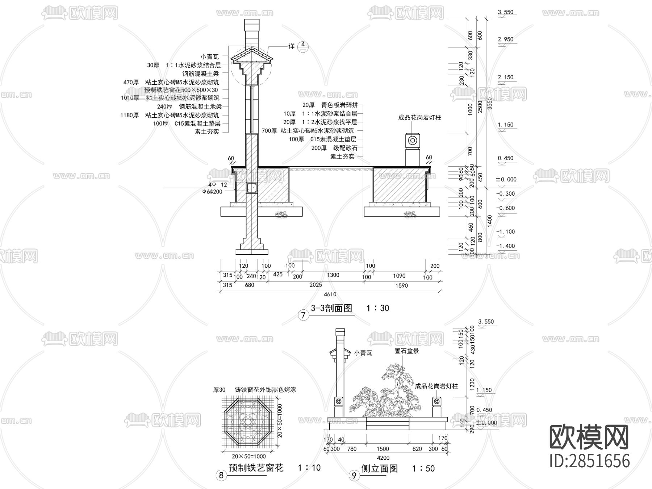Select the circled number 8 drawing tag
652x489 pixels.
point(221,475)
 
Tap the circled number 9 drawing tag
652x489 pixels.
point(354,475)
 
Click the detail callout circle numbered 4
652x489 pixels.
point(303,46)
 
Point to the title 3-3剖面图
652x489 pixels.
point(331,308)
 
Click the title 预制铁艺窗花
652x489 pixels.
point(256,468)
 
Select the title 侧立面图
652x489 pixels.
point(379,468)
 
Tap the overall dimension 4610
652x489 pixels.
point(330,294)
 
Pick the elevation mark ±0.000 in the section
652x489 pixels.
point(506,179)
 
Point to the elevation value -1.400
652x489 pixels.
point(505,246)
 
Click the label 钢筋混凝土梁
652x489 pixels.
point(201,74)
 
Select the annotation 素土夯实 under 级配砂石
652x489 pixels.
point(342,156)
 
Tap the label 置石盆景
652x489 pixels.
point(406,351)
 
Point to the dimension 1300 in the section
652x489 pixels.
point(333,275)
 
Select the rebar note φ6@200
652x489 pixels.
point(212,192)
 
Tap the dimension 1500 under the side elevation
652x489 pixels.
point(383,449)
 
